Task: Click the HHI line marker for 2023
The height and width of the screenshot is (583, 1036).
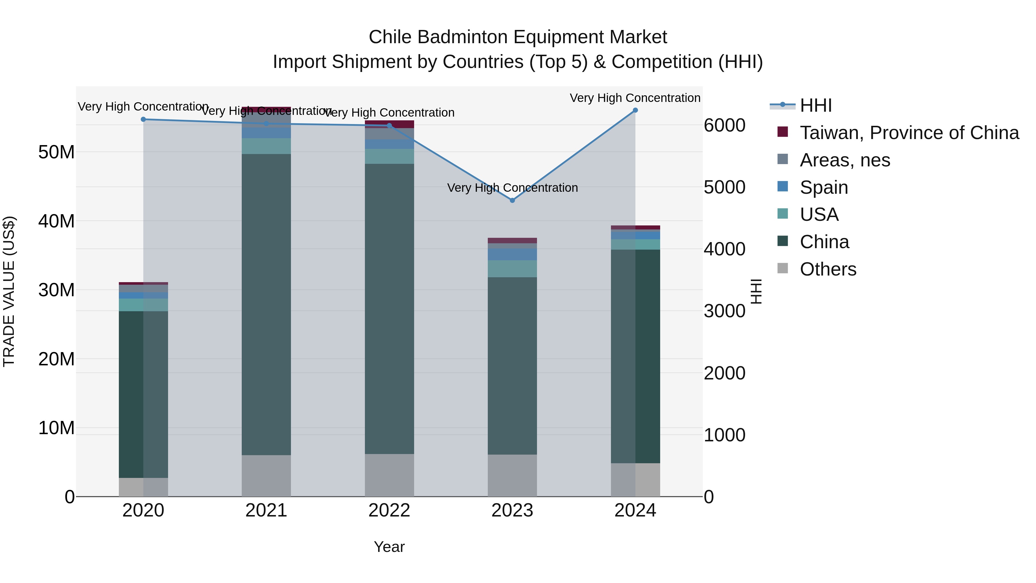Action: click(x=512, y=200)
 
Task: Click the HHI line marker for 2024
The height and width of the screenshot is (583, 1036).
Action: click(x=635, y=110)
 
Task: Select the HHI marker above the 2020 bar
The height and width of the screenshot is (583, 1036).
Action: click(x=143, y=119)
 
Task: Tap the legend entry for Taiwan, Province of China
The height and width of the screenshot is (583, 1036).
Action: click(x=909, y=133)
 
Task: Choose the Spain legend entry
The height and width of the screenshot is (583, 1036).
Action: click(x=824, y=187)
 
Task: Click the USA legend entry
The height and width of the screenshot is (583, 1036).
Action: click(x=819, y=214)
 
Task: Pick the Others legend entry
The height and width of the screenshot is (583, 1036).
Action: click(x=828, y=269)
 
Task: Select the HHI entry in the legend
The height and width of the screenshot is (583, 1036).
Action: click(x=816, y=105)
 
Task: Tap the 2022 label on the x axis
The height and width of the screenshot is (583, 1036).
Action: click(x=389, y=510)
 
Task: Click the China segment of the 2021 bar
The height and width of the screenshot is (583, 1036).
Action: click(x=266, y=305)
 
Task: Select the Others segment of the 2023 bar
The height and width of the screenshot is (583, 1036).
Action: click(x=512, y=476)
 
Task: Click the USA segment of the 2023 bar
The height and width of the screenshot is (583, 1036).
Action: click(x=512, y=269)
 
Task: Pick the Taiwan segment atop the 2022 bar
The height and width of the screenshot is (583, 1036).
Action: click(x=389, y=124)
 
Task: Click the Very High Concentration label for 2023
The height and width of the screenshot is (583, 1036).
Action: click(x=512, y=188)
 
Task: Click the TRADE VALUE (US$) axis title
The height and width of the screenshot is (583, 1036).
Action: click(x=9, y=291)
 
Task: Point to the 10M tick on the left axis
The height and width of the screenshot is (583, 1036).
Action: click(x=56, y=428)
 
